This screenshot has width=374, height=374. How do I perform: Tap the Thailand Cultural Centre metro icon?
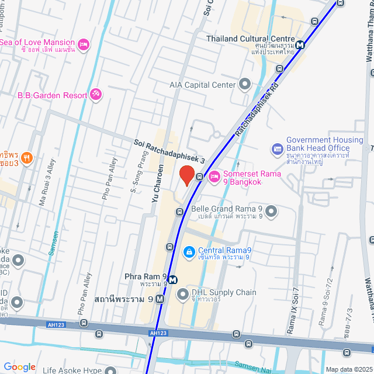pos(300,44)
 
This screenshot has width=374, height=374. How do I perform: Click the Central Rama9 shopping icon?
pos(189,251)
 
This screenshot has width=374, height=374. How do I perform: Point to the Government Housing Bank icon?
pos(277,149)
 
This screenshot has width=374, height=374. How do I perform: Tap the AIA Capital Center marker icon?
pos(244,85)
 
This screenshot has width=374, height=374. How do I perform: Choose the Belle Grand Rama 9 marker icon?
pos(271,212)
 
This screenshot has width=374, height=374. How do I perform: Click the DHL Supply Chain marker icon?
pos(183,293)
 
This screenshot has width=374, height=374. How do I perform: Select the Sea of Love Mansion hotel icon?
pos(83,43)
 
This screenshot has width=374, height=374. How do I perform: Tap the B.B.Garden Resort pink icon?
pos(96,94)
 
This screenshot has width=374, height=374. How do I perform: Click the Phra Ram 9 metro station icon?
pos(174,278)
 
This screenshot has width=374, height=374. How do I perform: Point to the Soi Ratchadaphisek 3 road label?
pos(169,151)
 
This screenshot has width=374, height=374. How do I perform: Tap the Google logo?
pos(19,367)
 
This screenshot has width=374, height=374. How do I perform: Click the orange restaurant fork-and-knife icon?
pos(26,157)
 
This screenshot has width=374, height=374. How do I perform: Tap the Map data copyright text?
pos(348,369)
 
